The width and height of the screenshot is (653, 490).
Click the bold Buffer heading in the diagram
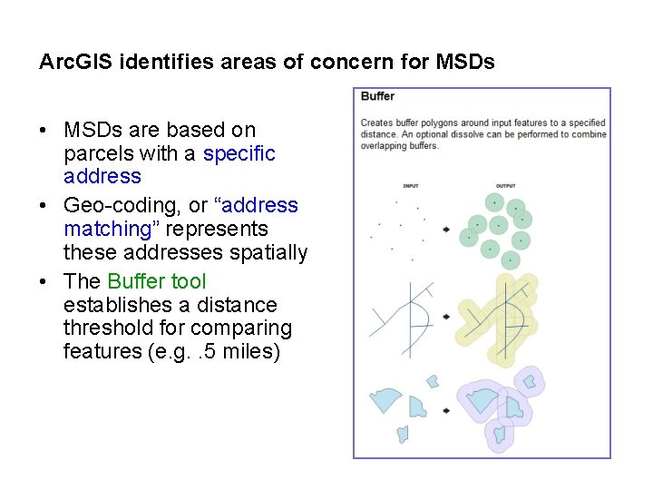click(x=377, y=96)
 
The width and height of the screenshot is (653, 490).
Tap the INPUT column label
click(x=411, y=186)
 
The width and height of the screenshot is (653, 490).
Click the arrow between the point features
click(x=446, y=230)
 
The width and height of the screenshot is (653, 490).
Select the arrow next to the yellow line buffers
click(x=446, y=317)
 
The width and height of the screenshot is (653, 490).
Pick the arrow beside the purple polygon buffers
click(x=446, y=411)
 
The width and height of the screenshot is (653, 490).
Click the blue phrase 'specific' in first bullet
click(x=239, y=153)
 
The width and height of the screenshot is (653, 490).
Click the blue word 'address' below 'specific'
click(x=102, y=176)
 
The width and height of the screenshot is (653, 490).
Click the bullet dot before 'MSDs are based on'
click(x=44, y=131)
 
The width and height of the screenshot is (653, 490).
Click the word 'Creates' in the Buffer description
click(x=376, y=122)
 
